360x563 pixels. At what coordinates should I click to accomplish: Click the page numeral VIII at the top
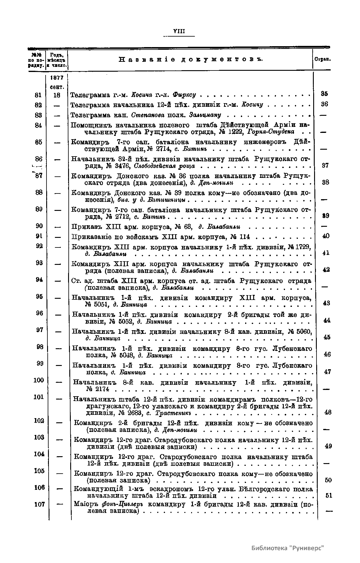(x=179, y=31)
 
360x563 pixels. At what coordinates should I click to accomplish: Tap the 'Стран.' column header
(x=322, y=59)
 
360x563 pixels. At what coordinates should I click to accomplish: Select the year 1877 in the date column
(x=57, y=78)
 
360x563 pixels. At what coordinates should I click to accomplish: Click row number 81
(x=38, y=95)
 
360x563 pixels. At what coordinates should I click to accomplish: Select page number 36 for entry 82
(x=324, y=104)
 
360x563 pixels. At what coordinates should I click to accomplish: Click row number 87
(x=38, y=176)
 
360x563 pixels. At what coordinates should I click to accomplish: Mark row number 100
(x=38, y=380)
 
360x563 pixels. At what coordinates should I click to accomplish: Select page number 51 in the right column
(x=328, y=496)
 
